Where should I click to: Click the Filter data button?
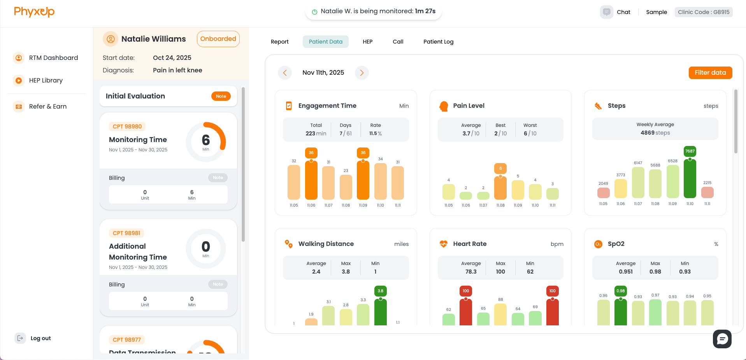tap(710, 73)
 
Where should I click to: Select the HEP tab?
tap(367, 42)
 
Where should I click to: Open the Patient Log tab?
tap(438, 42)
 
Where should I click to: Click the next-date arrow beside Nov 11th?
tap(362, 73)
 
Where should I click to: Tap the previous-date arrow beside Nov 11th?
tap(285, 73)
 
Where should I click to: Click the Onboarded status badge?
tap(218, 39)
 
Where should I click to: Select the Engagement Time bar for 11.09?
tap(363, 180)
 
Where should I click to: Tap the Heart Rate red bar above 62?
tap(466, 312)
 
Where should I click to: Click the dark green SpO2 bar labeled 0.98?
tap(620, 312)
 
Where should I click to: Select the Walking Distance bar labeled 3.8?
tap(380, 312)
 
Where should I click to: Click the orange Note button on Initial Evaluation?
tap(221, 96)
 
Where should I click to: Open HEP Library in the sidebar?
tap(46, 81)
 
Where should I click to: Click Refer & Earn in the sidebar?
tap(47, 107)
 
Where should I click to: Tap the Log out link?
tap(40, 338)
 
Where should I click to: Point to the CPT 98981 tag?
tap(126, 233)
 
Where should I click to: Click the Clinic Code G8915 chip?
tap(703, 12)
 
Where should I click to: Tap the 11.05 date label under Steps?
tap(603, 204)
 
